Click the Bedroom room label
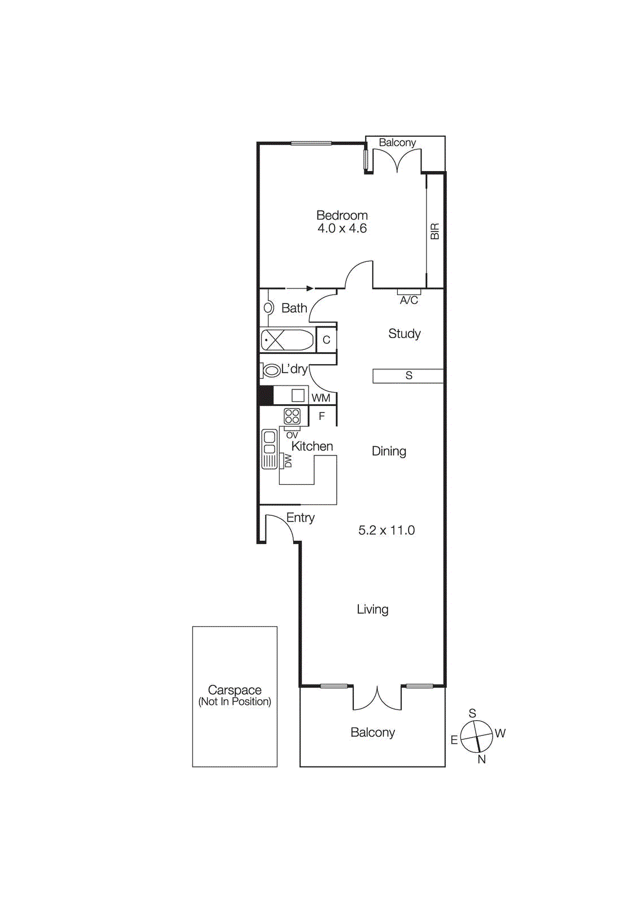(x=342, y=215)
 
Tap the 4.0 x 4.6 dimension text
(x=342, y=229)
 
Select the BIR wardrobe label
(x=434, y=231)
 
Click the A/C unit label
(x=409, y=300)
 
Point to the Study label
(x=405, y=334)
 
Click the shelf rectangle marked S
(x=408, y=376)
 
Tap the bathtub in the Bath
(x=287, y=340)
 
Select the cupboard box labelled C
(x=326, y=340)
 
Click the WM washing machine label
(x=321, y=398)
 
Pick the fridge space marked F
(x=322, y=417)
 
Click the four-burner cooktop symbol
(x=292, y=417)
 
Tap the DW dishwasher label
(x=288, y=461)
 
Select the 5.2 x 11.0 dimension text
(x=386, y=531)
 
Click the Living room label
(x=372, y=610)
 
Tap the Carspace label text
(x=234, y=690)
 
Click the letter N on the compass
(x=481, y=760)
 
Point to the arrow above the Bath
(x=299, y=288)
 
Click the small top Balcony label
(x=397, y=143)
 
